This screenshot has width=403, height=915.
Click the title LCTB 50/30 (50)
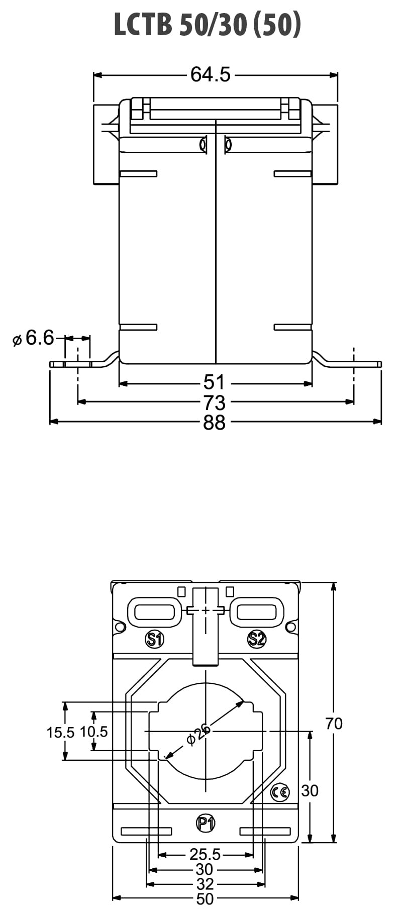(207, 25)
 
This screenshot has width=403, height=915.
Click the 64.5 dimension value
(211, 74)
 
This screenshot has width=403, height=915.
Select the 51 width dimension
(214, 383)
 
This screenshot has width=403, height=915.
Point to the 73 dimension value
(214, 402)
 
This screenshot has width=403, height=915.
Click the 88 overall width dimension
(214, 423)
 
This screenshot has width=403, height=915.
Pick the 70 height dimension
(334, 724)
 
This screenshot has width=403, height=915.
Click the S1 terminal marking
(155, 639)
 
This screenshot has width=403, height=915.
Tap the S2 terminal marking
(257, 639)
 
